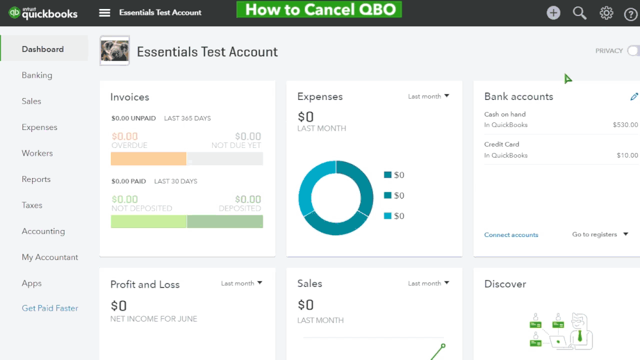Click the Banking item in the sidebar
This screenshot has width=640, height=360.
pyautogui.click(x=37, y=75)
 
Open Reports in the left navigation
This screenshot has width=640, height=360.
pyautogui.click(x=36, y=179)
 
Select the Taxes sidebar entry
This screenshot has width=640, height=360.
pyautogui.click(x=32, y=205)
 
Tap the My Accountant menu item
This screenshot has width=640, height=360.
pyautogui.click(x=50, y=257)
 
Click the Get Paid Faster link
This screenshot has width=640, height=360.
pyautogui.click(x=50, y=308)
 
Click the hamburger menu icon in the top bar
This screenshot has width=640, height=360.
pyautogui.click(x=105, y=13)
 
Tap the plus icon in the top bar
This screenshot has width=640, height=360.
pyautogui.click(x=554, y=13)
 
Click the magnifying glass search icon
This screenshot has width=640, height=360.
pyautogui.click(x=580, y=13)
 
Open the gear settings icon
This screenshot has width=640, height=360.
pyautogui.click(x=606, y=13)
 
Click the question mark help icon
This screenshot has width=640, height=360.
pyautogui.click(x=630, y=13)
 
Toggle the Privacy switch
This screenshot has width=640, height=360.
pyautogui.click(x=632, y=51)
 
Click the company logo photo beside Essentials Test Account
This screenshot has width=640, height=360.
pyautogui.click(x=115, y=51)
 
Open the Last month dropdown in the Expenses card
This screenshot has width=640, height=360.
pyautogui.click(x=429, y=96)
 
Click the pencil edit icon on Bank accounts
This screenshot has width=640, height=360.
pyautogui.click(x=634, y=97)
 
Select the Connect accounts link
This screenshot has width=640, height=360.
pyautogui.click(x=511, y=234)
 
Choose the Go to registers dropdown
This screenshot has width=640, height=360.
pyautogui.click(x=600, y=234)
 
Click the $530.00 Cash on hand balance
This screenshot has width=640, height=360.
pyautogui.click(x=625, y=125)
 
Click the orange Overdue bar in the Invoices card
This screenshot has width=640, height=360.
pyautogui.click(x=149, y=158)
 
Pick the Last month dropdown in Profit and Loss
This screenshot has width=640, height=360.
pyautogui.click(x=242, y=283)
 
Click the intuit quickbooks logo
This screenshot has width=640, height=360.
pyautogui.click(x=44, y=13)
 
